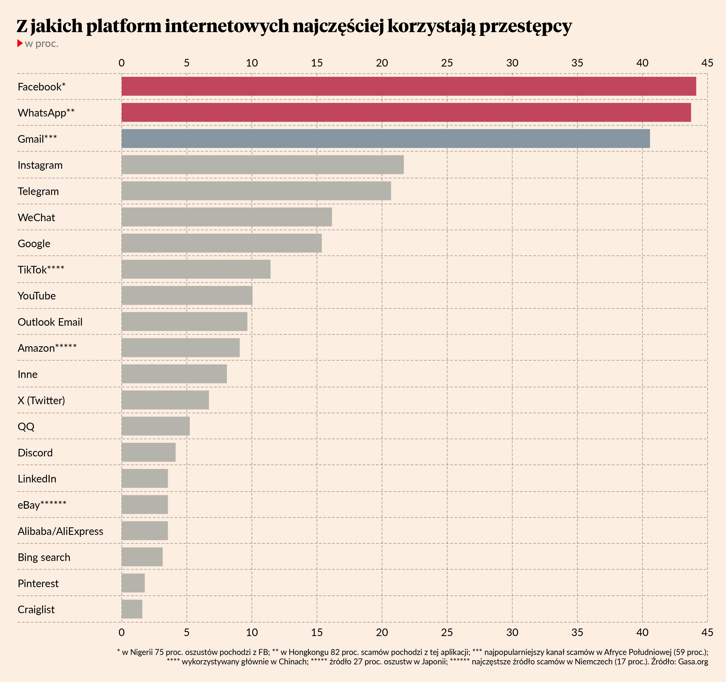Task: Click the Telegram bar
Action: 256,191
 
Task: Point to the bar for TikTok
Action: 196,269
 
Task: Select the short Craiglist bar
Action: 132,609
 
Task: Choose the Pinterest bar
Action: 133,583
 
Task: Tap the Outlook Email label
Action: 50,322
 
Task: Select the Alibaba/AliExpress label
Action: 60,531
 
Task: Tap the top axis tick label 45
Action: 707,63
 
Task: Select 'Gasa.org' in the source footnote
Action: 693,662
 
